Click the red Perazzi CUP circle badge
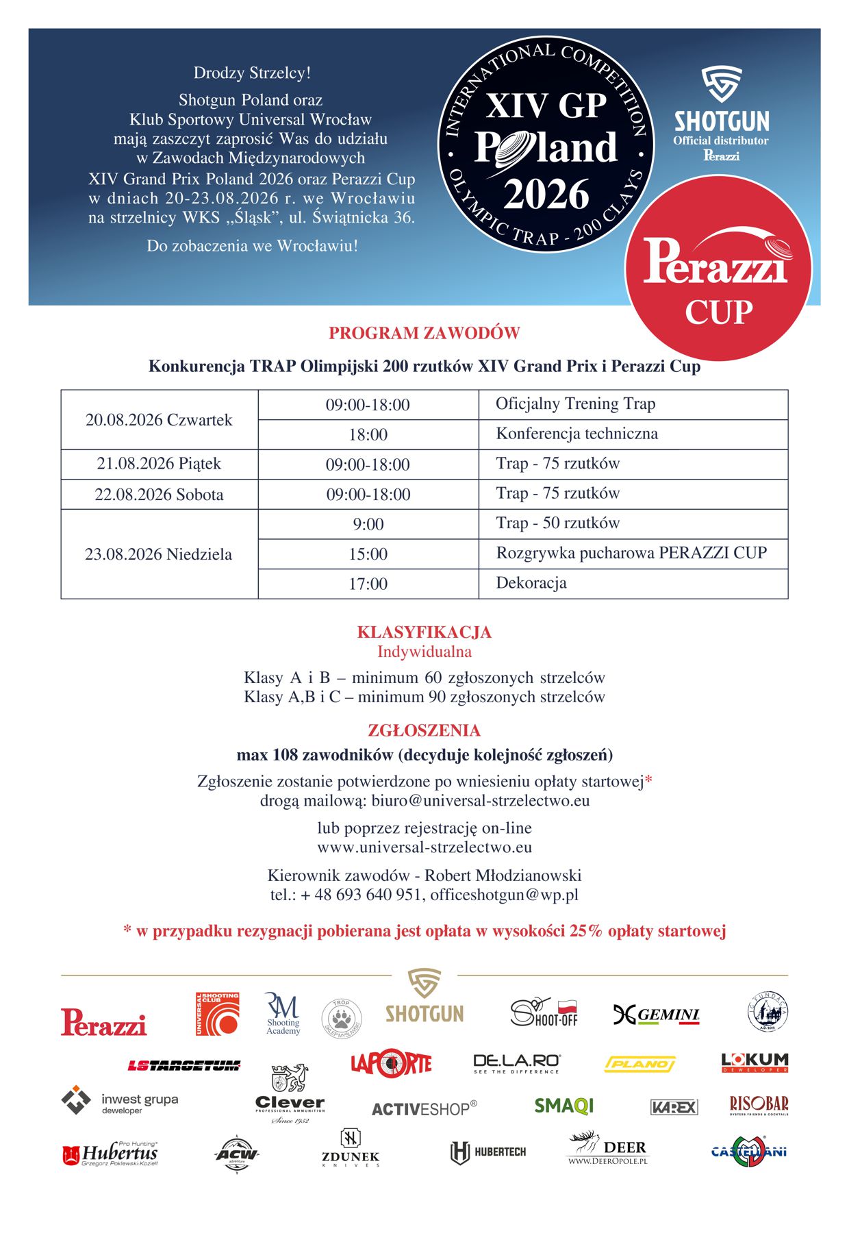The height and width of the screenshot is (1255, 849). (718, 269)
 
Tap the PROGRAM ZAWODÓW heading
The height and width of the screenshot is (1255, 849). (424, 334)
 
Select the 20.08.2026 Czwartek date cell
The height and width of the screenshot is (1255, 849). (159, 420)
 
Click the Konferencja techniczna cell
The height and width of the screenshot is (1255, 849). (576, 434)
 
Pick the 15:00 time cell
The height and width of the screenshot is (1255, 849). (368, 554)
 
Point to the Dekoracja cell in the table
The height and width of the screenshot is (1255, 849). (531, 583)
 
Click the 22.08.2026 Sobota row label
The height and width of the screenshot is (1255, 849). (159, 495)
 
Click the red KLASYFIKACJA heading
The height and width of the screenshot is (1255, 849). (424, 632)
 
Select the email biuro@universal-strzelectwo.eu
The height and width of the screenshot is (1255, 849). (481, 801)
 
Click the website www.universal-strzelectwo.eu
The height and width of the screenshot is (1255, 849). (424, 847)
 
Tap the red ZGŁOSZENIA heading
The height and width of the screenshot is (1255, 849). (424, 730)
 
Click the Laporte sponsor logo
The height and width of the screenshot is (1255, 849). (391, 1063)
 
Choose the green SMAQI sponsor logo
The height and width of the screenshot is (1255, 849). (563, 1106)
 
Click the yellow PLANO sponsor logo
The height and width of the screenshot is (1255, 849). (639, 1064)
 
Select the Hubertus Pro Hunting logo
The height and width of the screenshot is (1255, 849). (110, 1154)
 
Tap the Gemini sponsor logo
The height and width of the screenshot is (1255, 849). (656, 1015)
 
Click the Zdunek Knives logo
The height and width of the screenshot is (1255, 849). (350, 1148)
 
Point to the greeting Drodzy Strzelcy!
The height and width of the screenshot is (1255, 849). (252, 73)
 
